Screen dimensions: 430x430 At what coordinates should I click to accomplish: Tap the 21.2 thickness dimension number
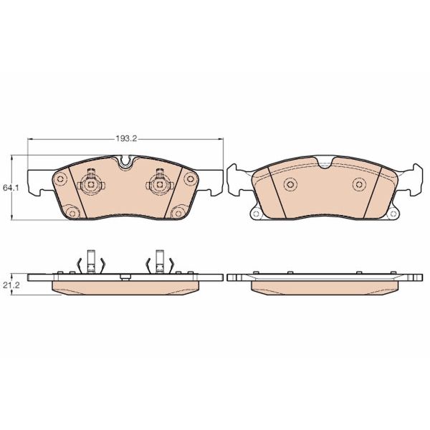pyautogui.click(x=10, y=285)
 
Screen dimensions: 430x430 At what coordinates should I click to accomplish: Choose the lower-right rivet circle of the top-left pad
pyautogui.click(x=177, y=211)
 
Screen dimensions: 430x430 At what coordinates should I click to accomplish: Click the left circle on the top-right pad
pyautogui.click(x=290, y=185)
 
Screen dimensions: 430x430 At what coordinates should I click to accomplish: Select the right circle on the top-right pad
pyautogui.click(x=358, y=185)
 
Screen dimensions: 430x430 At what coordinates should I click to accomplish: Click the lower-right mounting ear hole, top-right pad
pyautogui.click(x=392, y=213)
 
